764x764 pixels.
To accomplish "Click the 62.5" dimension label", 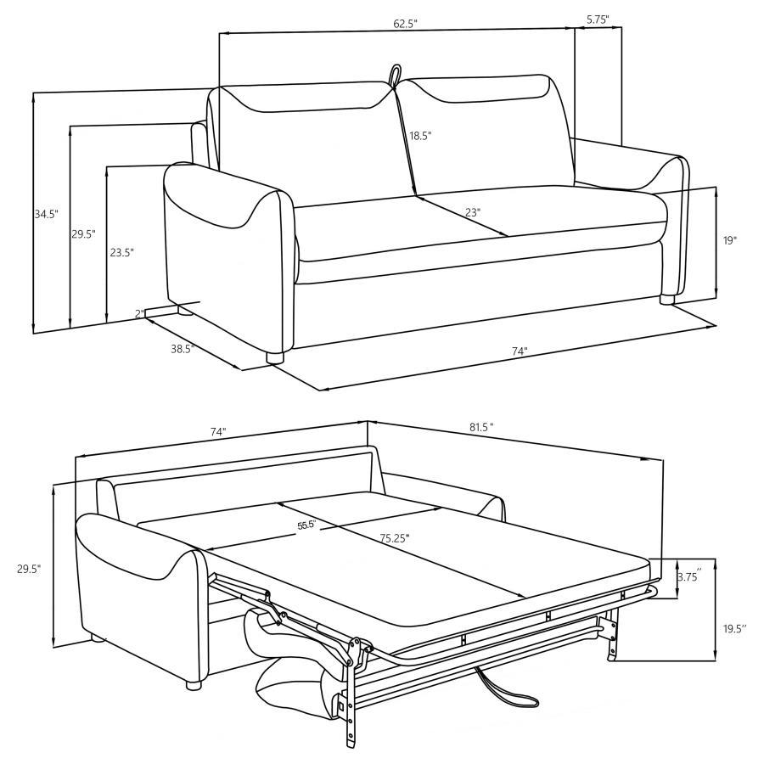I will [x=405, y=24].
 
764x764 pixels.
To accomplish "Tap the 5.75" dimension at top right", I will [x=598, y=18].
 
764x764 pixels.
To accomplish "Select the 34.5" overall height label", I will [x=46, y=215].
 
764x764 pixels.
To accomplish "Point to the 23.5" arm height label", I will [x=121, y=252].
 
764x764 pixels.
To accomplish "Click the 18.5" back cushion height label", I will [x=419, y=136].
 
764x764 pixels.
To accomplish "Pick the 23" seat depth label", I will [x=473, y=212].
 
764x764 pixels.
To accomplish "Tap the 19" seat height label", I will [x=729, y=240].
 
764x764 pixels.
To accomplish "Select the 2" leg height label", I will [x=138, y=314].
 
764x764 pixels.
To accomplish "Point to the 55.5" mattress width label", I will [x=306, y=525].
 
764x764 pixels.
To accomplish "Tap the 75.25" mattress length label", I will [x=395, y=537].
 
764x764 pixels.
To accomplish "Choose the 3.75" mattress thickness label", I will [x=688, y=577].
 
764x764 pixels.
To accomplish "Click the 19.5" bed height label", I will [x=734, y=629].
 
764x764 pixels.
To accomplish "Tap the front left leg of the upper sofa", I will [x=274, y=357].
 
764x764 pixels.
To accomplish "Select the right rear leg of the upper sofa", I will [x=667, y=299].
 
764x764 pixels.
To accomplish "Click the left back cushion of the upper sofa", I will [x=301, y=140].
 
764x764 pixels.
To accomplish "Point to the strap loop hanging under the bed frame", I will [x=509, y=692].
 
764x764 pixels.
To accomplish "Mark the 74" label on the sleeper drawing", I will [x=218, y=432].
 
